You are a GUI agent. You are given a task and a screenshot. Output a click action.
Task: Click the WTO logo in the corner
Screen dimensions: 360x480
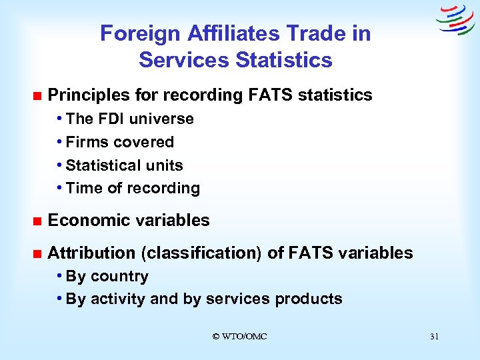455,19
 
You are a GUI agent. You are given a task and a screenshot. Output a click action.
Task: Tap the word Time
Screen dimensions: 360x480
85,188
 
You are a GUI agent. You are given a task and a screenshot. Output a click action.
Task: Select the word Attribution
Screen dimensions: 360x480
91,253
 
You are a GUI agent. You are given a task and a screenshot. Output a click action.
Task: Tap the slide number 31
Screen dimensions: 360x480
434,337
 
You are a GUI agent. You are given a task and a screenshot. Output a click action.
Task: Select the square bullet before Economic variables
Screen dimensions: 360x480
36,221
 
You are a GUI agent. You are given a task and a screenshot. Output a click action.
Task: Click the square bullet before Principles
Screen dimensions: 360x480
36,96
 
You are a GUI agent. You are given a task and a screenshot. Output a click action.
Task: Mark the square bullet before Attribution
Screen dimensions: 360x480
36,254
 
